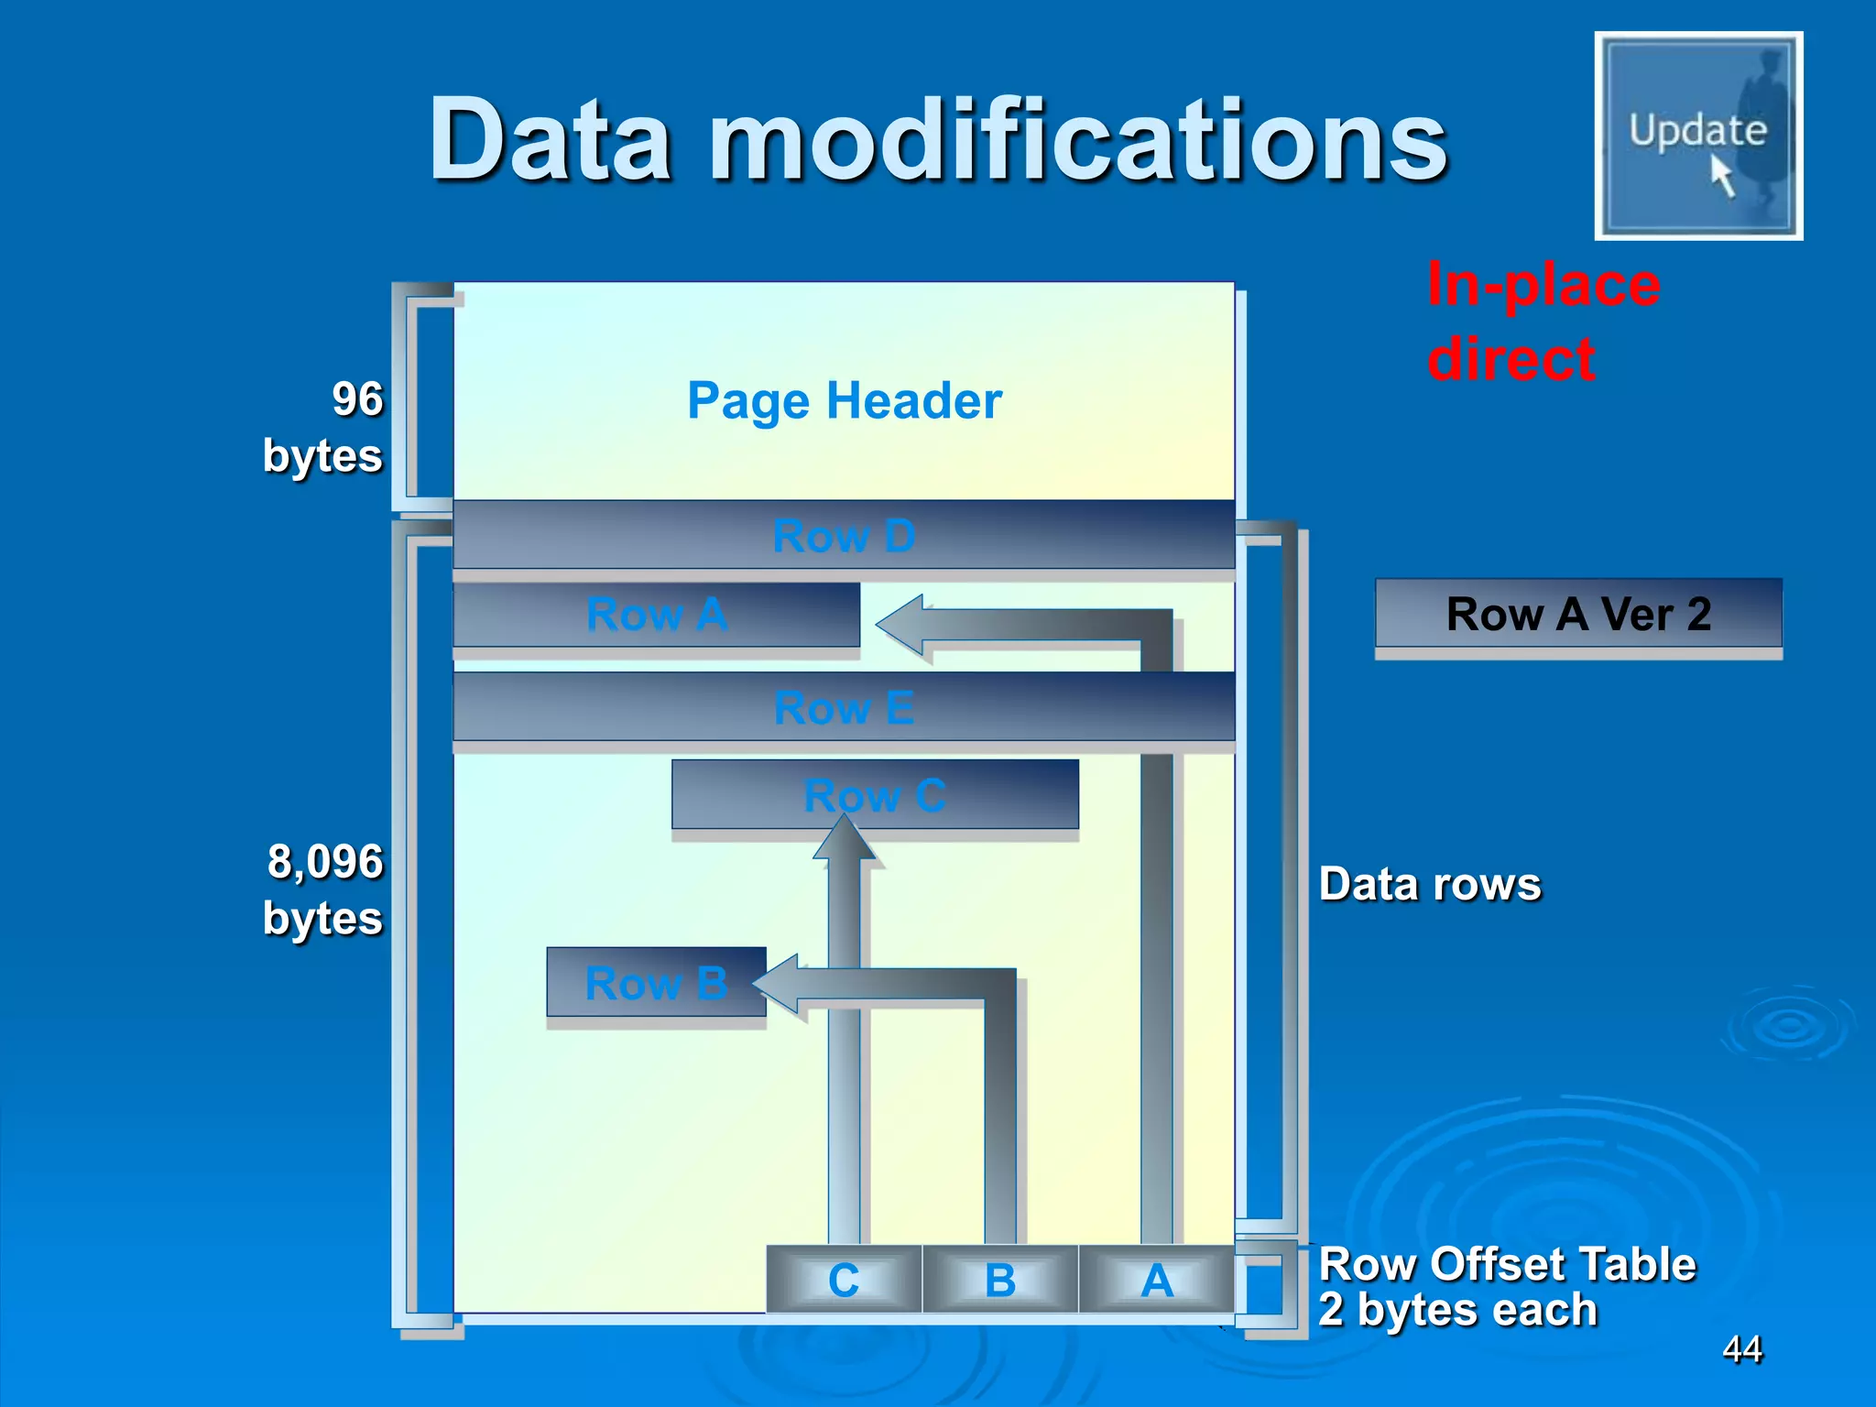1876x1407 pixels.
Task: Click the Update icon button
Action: point(1698,136)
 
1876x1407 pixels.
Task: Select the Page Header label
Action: point(845,400)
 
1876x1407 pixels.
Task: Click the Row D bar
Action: point(844,535)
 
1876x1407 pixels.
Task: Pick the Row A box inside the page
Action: point(656,615)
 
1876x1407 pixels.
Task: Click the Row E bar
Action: point(844,707)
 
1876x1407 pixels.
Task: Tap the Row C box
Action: point(875,794)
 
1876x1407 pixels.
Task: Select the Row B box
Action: point(656,983)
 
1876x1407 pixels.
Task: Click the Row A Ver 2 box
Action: point(1578,614)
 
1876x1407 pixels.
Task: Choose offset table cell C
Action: point(844,1280)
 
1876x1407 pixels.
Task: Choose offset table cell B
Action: point(1000,1280)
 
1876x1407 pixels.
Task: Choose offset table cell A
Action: point(1157,1280)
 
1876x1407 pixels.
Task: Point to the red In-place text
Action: point(1543,286)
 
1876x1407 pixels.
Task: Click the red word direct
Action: point(1511,358)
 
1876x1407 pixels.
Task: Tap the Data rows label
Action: point(1430,885)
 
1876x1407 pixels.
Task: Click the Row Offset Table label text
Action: point(1507,1264)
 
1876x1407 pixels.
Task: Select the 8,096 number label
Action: point(325,862)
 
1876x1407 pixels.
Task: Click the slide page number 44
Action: point(1742,1348)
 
